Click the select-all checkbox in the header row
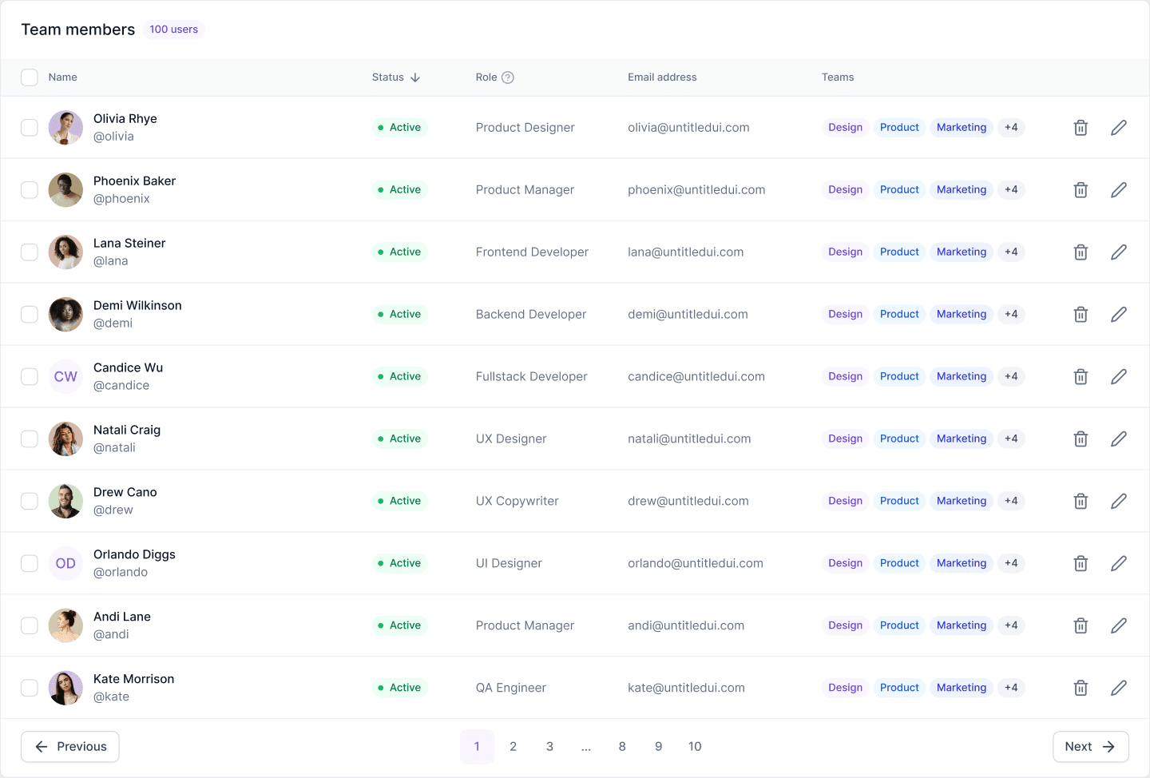coord(30,77)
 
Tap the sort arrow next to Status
coord(415,77)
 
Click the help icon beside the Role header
coord(508,77)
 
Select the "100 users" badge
coord(173,30)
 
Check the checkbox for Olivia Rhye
coord(30,127)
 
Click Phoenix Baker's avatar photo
coord(65,189)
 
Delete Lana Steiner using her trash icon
coord(1081,252)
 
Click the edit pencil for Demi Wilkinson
coord(1119,314)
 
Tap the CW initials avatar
coord(65,376)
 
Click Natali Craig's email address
coord(689,439)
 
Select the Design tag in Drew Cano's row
coord(845,501)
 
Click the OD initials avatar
coord(65,563)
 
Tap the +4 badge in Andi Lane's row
coord(1011,625)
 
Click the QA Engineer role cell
coord(511,688)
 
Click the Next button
coord(1090,746)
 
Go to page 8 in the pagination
coord(622,746)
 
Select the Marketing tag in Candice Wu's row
coord(961,376)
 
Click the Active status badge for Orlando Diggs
coord(399,563)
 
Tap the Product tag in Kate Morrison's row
coord(899,688)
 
